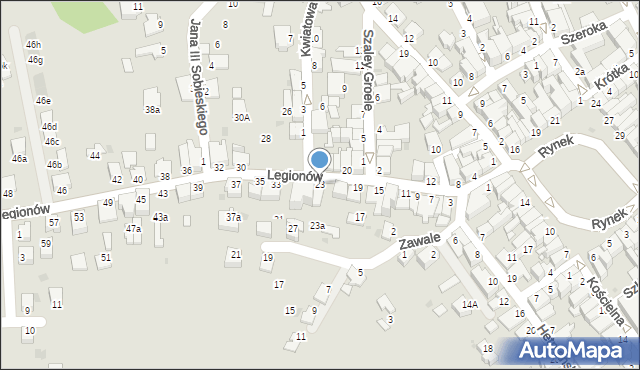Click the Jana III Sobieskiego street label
197,75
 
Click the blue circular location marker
320,159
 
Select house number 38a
152,109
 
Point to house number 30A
242,117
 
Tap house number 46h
34,45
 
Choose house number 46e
43,101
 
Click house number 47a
133,229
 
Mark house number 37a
233,217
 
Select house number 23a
317,226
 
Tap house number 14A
469,303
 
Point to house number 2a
579,71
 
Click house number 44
94,155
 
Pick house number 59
46,243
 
